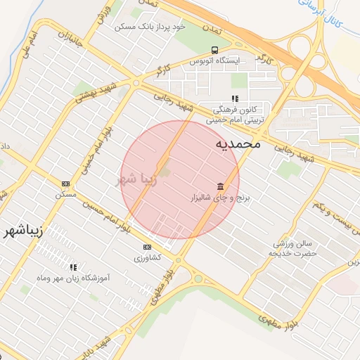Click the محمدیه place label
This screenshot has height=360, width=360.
(238, 144)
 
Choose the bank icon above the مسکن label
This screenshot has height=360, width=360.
(65, 183)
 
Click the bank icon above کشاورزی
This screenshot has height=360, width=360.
(147, 247)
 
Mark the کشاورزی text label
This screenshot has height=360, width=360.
(147, 257)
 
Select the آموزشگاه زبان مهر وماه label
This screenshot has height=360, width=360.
(73, 279)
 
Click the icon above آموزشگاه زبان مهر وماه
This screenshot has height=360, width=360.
(73, 267)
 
